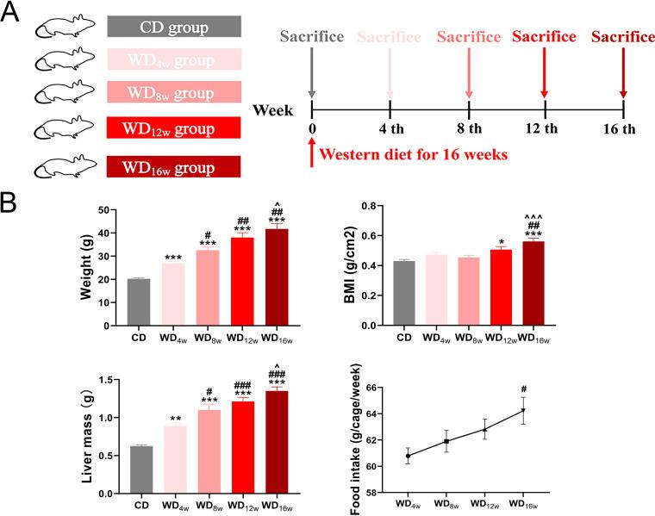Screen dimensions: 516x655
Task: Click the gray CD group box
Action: [x=174, y=27]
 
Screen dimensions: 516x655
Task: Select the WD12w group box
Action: [x=174, y=129]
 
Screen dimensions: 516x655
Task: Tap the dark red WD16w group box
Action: [x=174, y=166]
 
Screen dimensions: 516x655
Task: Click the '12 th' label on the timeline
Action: [x=545, y=130]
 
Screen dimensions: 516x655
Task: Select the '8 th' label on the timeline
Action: [x=469, y=130]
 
